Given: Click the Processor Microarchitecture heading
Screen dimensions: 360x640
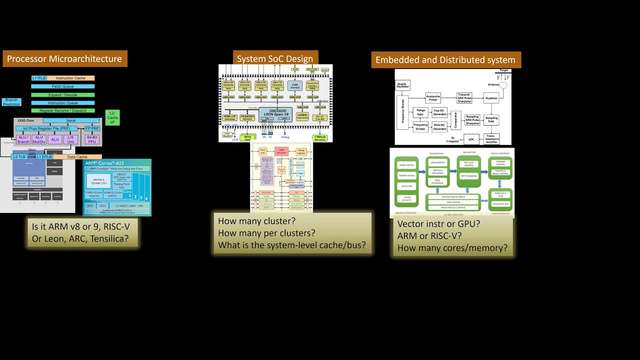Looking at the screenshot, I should [64, 59].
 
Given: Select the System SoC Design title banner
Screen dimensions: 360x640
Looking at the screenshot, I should [275, 58].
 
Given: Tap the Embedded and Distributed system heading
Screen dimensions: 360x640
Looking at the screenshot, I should [445, 60].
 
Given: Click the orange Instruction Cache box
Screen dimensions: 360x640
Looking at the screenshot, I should [70, 78].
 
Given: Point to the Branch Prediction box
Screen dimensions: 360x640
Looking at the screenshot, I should [11, 102].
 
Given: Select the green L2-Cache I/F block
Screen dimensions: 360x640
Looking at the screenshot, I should [112, 117].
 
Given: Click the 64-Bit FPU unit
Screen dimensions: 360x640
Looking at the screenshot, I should [92, 139].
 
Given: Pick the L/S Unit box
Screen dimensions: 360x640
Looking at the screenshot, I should [70, 139].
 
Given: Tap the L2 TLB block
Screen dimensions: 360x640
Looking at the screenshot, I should [18, 157].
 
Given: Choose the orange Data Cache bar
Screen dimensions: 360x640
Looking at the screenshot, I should [77, 157].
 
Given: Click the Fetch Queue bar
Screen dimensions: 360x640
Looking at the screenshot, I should [62, 86].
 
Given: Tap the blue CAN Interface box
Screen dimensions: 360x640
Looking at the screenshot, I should [295, 85].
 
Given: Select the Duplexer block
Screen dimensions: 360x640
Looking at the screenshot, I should [491, 98].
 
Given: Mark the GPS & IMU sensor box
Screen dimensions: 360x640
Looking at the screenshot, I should [406, 186].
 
